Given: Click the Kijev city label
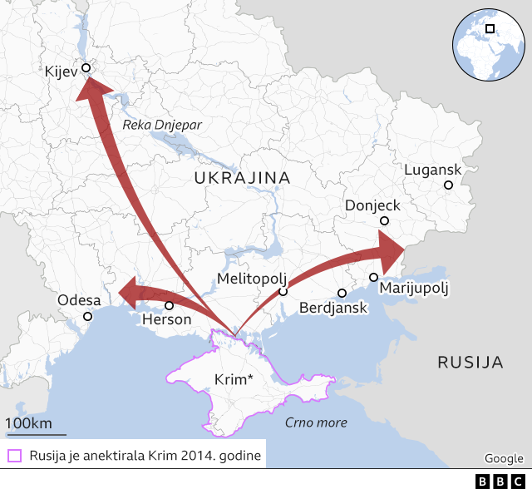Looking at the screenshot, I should [x=61, y=72].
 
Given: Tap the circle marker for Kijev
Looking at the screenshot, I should [x=86, y=68].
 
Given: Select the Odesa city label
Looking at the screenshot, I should [x=79, y=300].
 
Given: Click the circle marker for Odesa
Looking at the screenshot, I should [x=88, y=316].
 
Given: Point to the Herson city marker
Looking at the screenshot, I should [x=170, y=305].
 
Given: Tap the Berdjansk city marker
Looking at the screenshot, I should [x=342, y=293].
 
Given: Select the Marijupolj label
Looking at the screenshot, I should [x=413, y=289].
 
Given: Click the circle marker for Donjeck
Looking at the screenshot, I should [x=384, y=220].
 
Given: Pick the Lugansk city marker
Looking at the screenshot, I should [x=448, y=185].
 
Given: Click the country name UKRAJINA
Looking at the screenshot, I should [x=242, y=178].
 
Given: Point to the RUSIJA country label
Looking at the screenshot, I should [x=470, y=362].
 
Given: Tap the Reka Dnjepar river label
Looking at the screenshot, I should [x=162, y=125].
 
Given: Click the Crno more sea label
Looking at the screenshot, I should [x=316, y=422].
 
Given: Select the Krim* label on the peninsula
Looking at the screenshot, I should [x=234, y=379].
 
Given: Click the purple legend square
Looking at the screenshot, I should [x=14, y=455].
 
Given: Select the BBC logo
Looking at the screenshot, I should [x=500, y=482].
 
